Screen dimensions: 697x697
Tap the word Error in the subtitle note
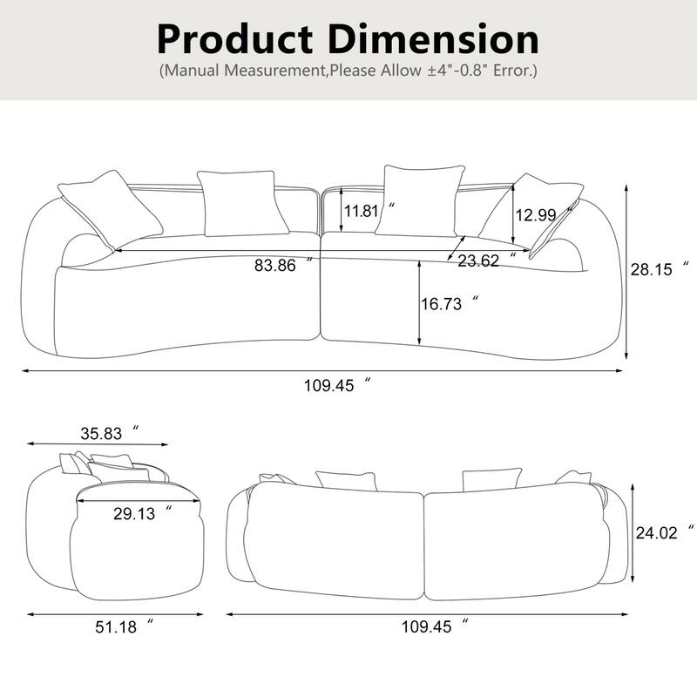point(508,71)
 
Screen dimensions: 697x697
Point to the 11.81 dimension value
point(362,211)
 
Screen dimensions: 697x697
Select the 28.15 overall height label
point(653,270)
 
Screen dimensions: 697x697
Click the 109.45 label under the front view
point(329,386)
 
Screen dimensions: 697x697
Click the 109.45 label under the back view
point(427,626)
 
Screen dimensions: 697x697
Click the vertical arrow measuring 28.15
point(626,270)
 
